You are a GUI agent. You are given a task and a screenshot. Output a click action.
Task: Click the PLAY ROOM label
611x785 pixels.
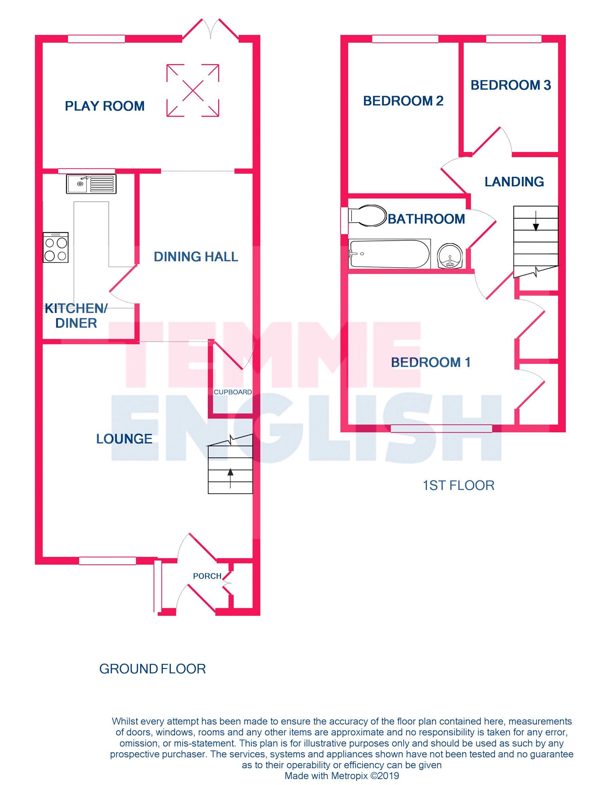pos(105,106)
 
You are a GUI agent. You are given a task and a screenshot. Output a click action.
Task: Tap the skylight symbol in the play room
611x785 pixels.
pos(193,90)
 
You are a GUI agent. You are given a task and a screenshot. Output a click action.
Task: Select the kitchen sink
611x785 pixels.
pos(91,184)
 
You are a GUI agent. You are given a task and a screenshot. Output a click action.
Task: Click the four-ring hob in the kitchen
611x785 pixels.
pos(55,247)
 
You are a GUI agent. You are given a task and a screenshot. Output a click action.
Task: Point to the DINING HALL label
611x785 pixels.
pos(196,257)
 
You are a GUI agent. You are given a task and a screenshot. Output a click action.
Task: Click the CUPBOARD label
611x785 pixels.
pos(233,392)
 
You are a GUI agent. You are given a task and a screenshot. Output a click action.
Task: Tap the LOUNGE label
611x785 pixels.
pos(124,439)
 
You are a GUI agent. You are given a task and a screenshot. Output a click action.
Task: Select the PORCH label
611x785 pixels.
pos(207,576)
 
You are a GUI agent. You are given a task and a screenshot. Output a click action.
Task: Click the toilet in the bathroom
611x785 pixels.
pos(367,216)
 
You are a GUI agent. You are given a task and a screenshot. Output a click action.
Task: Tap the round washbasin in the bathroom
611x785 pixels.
pos(449,256)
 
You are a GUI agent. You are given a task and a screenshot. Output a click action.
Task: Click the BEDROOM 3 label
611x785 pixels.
pos(511,85)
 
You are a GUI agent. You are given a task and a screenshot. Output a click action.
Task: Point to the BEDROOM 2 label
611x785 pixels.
pos(403,101)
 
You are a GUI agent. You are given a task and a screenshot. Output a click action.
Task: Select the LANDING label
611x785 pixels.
pos(514,182)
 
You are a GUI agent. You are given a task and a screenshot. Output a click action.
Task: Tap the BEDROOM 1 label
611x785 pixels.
pos(430,362)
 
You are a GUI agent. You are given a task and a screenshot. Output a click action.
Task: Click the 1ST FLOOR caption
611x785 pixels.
pos(458,486)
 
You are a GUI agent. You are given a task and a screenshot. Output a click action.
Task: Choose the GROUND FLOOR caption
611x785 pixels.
pos(152,669)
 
